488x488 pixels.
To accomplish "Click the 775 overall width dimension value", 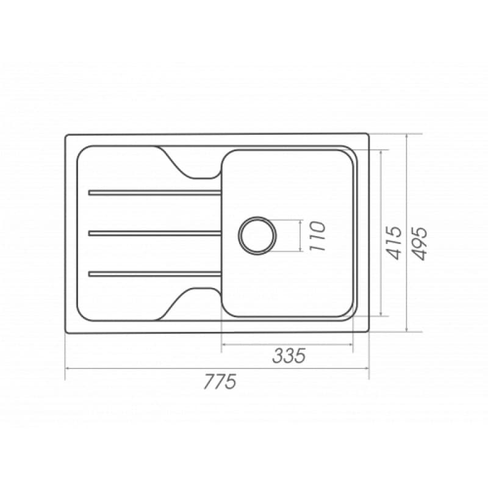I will [219, 382].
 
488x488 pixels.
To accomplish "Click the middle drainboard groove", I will [155, 232].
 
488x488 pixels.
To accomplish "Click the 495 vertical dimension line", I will [407, 183].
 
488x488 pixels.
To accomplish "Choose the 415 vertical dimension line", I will [382, 183].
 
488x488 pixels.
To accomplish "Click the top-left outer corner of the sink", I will [66, 135].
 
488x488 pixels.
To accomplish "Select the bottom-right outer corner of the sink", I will [368, 332].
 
